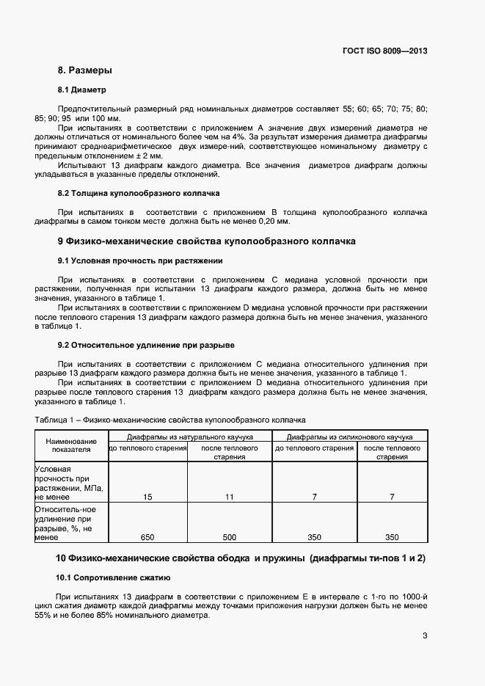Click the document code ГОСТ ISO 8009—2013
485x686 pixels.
tap(384, 51)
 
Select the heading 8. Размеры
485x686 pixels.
tap(84, 70)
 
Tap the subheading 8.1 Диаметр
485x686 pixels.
tap(82, 90)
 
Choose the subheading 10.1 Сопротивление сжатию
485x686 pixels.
tap(114, 577)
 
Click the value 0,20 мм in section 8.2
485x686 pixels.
tap(271, 222)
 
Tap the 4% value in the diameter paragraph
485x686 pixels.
tap(239, 137)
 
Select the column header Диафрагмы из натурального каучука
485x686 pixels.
tap(190, 436)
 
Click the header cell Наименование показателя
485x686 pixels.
tap(71, 445)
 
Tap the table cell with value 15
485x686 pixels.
tap(147, 497)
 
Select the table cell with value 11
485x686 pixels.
tap(230, 497)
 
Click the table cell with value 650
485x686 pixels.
tap(147, 537)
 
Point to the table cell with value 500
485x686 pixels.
tap(230, 537)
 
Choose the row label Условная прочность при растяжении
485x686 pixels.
tap(70, 482)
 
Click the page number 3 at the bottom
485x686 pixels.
tap(425, 636)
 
